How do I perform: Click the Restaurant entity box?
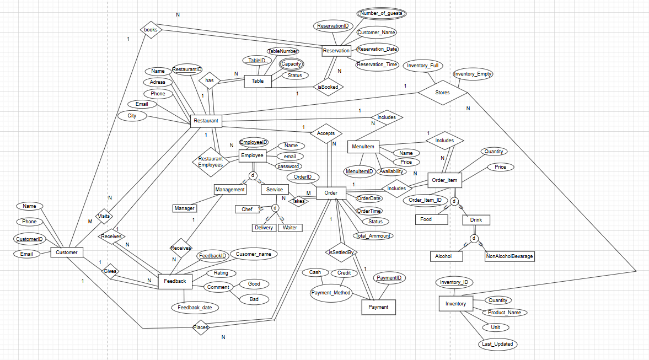(x=206, y=120)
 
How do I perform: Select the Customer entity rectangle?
(x=67, y=252)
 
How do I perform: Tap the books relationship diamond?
(x=150, y=30)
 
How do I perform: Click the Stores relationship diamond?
(x=442, y=93)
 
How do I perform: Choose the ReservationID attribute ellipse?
(x=333, y=26)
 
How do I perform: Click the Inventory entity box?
(x=455, y=304)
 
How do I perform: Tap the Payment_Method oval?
(x=331, y=293)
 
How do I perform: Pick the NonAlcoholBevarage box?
(x=509, y=256)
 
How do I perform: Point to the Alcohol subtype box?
(x=446, y=256)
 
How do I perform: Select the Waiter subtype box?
(x=289, y=228)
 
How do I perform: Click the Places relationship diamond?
(x=200, y=328)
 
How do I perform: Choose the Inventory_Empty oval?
(x=473, y=74)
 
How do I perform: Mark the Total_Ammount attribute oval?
(x=373, y=236)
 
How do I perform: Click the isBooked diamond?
(x=328, y=87)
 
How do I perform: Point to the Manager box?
(x=184, y=208)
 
